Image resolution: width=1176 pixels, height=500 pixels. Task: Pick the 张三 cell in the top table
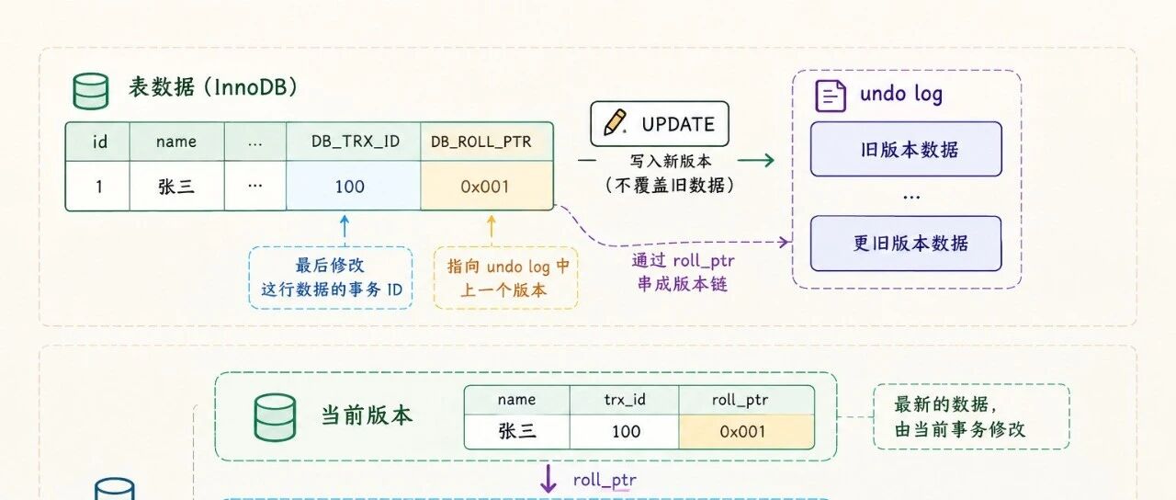pos(177,186)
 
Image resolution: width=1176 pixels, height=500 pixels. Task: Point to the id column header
pos(98,142)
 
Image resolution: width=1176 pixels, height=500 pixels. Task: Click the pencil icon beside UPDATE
pos(615,123)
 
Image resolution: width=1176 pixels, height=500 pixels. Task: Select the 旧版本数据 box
pos(906,149)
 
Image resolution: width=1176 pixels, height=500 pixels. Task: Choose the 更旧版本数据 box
pos(906,244)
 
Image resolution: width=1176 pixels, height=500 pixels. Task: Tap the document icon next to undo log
pos(830,96)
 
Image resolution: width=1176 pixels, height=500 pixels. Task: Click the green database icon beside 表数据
pos(91,91)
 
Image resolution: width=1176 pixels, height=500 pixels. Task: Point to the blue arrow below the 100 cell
pos(345,230)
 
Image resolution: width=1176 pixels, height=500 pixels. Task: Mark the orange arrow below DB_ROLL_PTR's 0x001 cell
pos(492,230)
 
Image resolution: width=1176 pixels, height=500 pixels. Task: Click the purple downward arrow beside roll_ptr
pos(548,479)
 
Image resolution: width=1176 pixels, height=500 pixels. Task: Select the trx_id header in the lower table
pos(624,400)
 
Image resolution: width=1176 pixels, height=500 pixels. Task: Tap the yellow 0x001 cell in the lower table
pos(747,432)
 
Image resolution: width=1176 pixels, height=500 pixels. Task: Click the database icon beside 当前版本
pos(275,417)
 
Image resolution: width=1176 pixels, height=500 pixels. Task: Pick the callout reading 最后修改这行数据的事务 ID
pos(331,278)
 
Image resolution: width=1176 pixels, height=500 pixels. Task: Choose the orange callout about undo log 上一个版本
pos(506,278)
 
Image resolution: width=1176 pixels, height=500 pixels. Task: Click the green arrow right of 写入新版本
pos(756,160)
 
